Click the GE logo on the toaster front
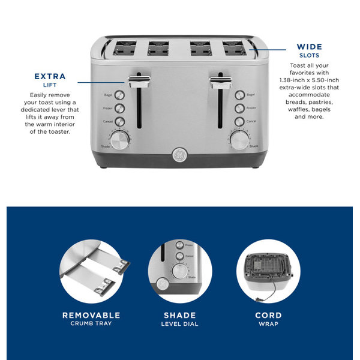(179, 153)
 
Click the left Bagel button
(119, 95)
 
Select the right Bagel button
(239, 95)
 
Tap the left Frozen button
(119, 109)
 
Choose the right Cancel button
(239, 122)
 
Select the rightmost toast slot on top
(235, 46)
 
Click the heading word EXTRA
(50, 77)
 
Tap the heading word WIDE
(309, 47)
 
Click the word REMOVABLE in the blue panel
(91, 315)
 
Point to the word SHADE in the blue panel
(179, 315)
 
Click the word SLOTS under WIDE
(309, 56)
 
